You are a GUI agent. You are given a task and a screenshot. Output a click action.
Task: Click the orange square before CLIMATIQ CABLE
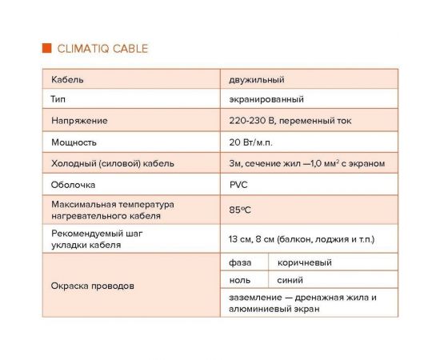(x=46, y=48)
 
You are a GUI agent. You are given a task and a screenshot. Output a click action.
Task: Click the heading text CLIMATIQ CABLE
(x=102, y=48)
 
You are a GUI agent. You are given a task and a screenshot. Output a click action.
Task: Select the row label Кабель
(x=67, y=80)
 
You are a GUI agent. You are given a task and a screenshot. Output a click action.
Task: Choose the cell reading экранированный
(x=266, y=100)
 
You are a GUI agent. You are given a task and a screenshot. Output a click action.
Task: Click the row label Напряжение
(x=79, y=121)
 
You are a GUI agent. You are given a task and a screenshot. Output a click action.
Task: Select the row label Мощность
(x=74, y=142)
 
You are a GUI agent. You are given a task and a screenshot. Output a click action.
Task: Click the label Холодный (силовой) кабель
(x=113, y=163)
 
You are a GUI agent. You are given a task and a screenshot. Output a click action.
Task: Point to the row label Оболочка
(x=74, y=184)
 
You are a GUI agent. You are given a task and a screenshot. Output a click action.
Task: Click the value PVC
(x=238, y=184)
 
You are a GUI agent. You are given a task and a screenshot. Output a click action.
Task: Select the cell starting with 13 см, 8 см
(x=302, y=239)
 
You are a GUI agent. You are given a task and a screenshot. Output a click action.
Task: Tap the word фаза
(x=240, y=262)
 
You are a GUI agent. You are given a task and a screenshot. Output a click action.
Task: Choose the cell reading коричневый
(x=304, y=262)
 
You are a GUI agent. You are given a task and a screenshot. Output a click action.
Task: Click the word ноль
(x=240, y=280)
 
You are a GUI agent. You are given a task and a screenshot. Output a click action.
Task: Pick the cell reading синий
(x=290, y=280)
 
